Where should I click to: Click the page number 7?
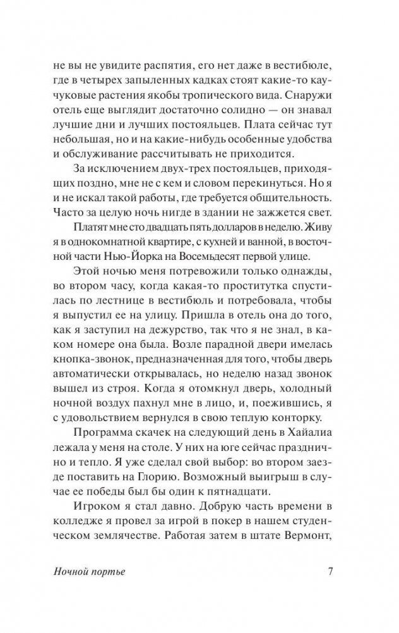click(x=330, y=573)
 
